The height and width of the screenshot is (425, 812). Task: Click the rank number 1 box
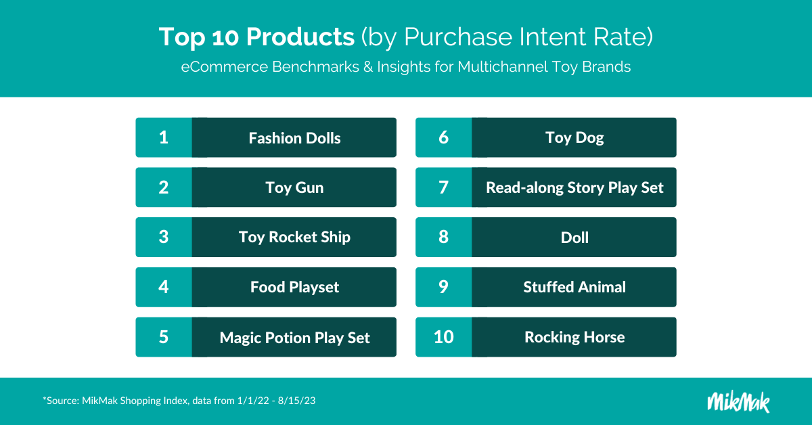coord(164,137)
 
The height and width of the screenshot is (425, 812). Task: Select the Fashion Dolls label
coord(294,138)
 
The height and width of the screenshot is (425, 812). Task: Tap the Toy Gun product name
coord(294,188)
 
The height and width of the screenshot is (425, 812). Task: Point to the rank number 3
coord(164,237)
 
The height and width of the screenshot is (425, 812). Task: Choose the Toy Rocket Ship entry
coord(294,238)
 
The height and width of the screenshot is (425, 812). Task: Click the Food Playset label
coord(294,287)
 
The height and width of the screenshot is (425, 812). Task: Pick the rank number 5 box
coord(164,337)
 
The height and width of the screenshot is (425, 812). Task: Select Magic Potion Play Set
coord(294,338)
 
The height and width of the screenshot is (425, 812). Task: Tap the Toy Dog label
coord(574,138)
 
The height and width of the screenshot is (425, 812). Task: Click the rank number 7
coord(443,187)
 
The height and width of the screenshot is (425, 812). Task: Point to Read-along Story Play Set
coord(574,188)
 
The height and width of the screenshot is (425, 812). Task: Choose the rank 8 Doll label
coord(574,238)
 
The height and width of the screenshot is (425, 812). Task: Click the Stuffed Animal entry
coord(574,287)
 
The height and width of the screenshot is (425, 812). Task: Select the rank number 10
coord(444,337)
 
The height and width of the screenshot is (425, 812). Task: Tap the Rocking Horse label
coord(574,338)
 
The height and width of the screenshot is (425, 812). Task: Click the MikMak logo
coord(738,402)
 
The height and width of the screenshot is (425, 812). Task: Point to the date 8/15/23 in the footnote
coord(296,401)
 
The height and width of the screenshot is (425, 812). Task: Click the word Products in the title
coord(300,37)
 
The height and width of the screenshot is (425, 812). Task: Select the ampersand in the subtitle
coord(368,67)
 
